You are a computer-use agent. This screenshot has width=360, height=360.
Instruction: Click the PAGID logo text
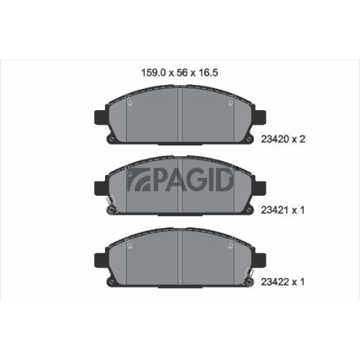pyautogui.click(x=180, y=183)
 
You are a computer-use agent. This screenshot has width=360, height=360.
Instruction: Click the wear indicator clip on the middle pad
pyautogui.click(x=109, y=207)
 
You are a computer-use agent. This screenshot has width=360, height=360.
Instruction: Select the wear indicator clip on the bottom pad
pyautogui.click(x=249, y=274)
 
